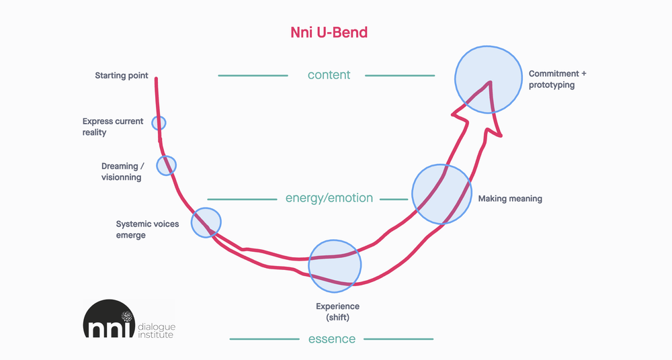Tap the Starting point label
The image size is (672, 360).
pos(121,76)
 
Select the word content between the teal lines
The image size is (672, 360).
pos(329,75)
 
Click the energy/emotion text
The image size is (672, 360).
pos(329,198)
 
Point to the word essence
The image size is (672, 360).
pos(331,339)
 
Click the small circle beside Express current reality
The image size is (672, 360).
pos(159,123)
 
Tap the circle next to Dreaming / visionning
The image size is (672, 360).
pos(166,165)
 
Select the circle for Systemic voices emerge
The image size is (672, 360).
pos(206,222)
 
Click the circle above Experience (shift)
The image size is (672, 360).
pos(335,265)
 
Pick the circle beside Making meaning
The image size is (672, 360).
pos(442,194)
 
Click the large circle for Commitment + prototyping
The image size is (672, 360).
pos(489,79)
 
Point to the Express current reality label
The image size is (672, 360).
pos(113,127)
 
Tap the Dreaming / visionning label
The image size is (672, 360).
pos(123,171)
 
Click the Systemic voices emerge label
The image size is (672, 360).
pos(147,229)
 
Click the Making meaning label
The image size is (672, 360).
pos(510,199)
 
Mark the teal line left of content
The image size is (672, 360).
pos(253,75)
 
